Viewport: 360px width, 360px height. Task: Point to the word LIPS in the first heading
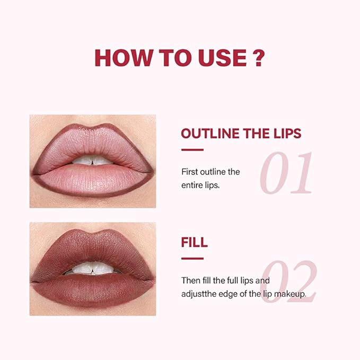coord(284,133)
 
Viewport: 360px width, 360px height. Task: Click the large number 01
coord(286,173)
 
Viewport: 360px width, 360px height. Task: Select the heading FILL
coord(194,243)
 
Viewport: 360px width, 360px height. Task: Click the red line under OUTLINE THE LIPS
coord(192,150)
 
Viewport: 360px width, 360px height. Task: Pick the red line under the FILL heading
coord(192,259)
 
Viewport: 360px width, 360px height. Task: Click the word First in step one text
coord(190,172)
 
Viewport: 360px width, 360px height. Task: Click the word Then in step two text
coord(190,280)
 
